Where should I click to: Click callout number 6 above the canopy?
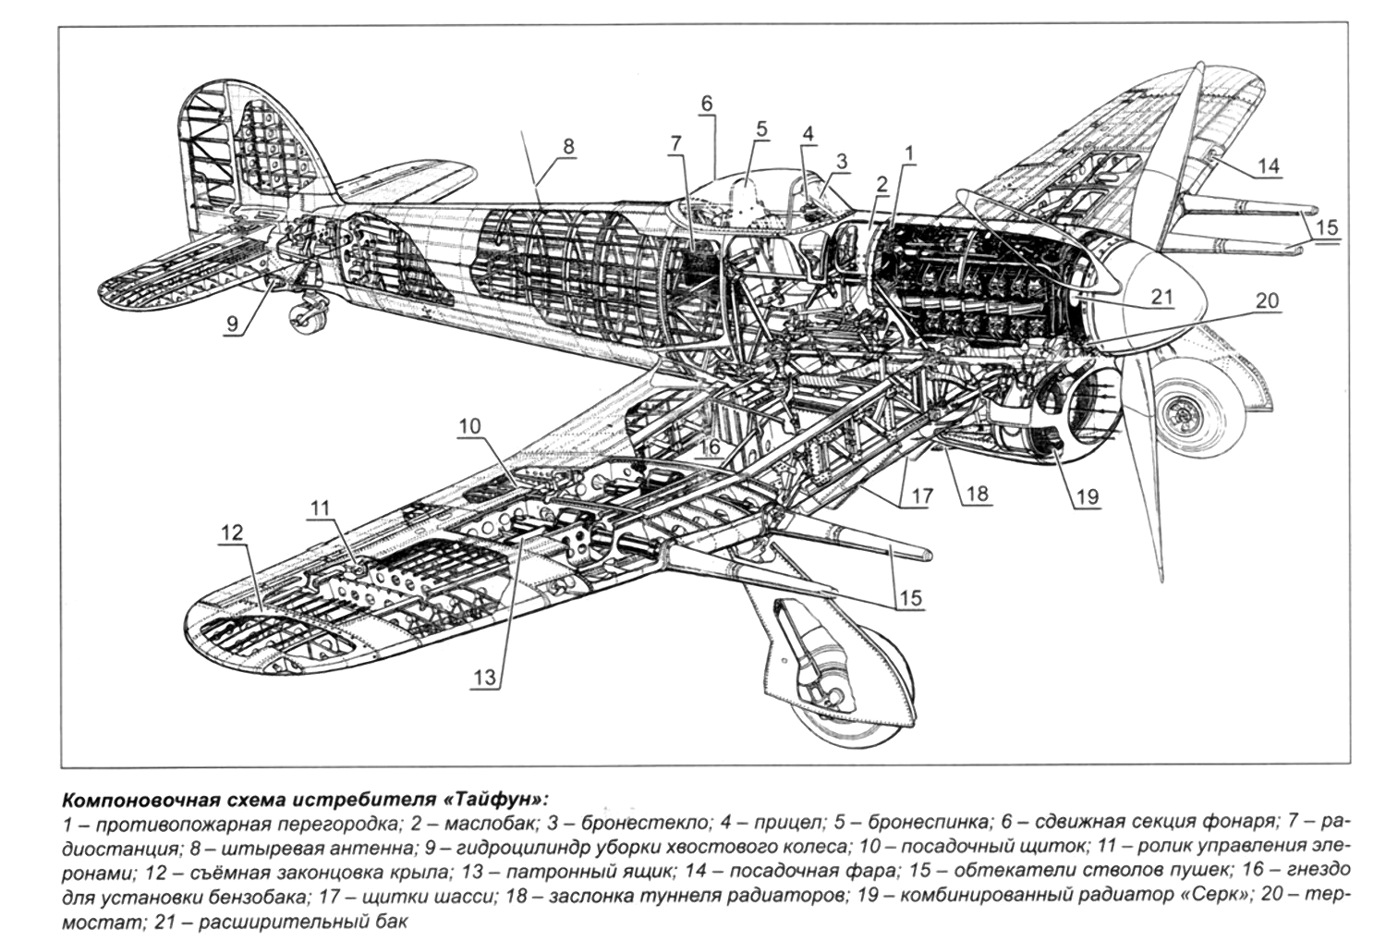[x=707, y=104]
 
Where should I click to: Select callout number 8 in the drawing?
[x=568, y=147]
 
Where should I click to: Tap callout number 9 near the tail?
[x=232, y=324]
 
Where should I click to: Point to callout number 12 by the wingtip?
[x=233, y=532]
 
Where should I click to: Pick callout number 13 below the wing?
[x=485, y=678]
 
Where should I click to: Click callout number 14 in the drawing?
[x=1267, y=165]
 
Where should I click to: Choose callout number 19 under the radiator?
[x=1088, y=496]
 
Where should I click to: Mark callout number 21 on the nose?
[x=1161, y=297]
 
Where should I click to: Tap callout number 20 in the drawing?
[x=1267, y=300]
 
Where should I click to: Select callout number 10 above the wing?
[x=469, y=426]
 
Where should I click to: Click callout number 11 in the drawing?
[x=320, y=508]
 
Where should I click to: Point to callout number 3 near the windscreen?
[x=841, y=162]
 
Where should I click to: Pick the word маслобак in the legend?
[x=489, y=824]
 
